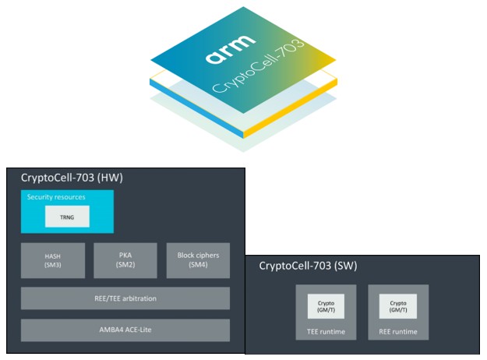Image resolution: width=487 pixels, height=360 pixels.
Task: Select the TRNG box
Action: pos(67,217)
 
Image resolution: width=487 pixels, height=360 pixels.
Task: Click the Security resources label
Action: pos(55,197)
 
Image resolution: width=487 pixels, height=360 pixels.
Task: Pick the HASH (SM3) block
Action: pos(52,260)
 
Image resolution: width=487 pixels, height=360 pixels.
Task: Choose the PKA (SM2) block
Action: pos(125,260)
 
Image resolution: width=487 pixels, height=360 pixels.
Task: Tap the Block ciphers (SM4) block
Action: pos(198,260)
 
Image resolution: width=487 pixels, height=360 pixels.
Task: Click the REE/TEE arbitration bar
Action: pos(125,298)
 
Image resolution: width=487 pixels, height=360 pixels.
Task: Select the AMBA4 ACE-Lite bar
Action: pos(125,330)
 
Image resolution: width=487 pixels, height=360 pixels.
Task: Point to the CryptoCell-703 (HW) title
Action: pos(72,178)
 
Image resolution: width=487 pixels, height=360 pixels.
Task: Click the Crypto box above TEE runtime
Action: pos(326,305)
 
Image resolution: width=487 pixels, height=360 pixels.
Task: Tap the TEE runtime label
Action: pos(326,331)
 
